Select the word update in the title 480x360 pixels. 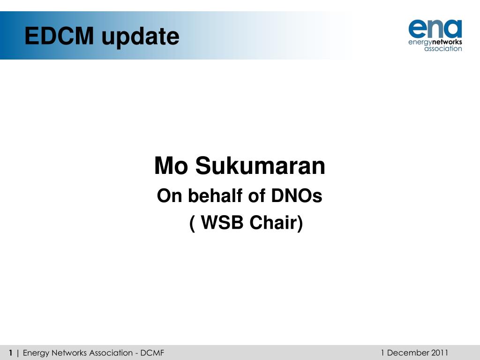140,37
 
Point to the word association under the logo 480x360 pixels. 443,49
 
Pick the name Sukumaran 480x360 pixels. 260,166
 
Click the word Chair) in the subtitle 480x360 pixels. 276,223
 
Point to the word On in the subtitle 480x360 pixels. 169,196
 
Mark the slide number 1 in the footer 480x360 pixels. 10,352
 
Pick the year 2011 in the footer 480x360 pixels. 440,352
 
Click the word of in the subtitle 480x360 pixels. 256,196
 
